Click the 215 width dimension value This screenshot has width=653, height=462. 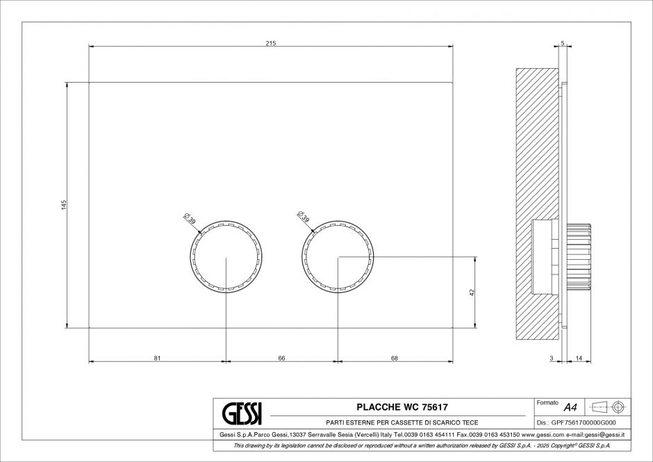[x=271, y=43]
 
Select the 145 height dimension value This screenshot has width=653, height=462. [x=64, y=205]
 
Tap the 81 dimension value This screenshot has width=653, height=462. [x=157, y=358]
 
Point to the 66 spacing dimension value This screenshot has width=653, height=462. [x=281, y=358]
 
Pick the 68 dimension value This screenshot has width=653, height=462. [x=395, y=358]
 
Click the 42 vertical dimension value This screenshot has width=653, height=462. [x=472, y=293]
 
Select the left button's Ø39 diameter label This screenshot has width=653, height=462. [x=190, y=218]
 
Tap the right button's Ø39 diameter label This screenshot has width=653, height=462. [x=303, y=217]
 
